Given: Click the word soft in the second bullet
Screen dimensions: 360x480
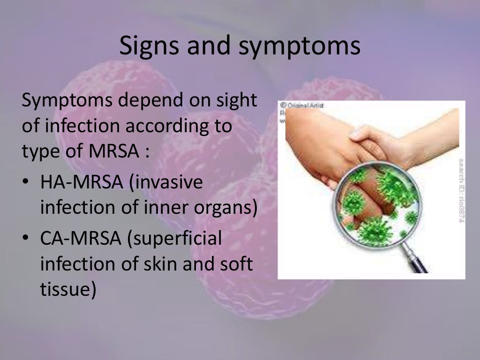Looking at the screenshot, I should point(236,264).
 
